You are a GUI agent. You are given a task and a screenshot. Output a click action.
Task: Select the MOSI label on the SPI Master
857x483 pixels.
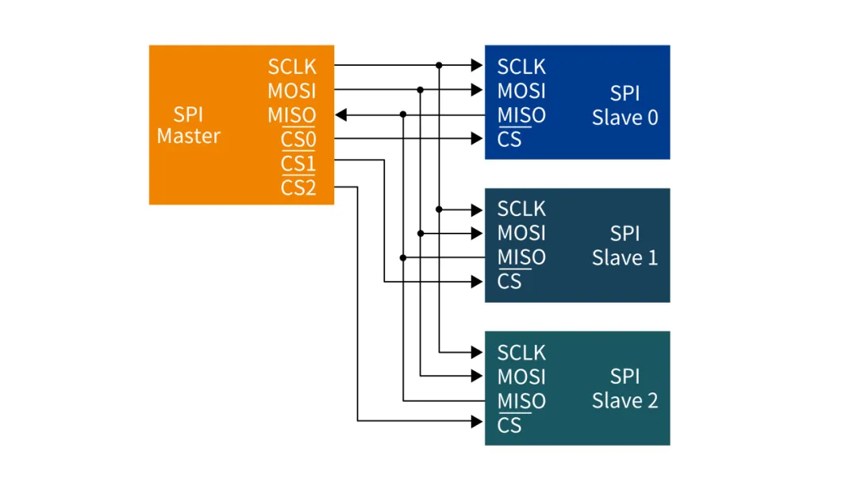291,91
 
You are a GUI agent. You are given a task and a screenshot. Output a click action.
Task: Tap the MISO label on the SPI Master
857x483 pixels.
291,115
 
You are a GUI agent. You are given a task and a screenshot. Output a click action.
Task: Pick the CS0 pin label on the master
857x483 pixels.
298,140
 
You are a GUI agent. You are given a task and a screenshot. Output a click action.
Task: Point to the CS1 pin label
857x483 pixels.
298,164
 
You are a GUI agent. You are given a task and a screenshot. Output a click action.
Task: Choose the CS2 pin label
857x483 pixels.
298,188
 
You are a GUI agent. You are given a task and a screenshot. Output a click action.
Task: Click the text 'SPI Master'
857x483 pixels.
188,126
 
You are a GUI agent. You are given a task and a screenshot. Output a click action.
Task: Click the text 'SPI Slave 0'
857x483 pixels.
624,106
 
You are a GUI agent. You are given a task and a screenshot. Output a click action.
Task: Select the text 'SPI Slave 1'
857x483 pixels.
624,245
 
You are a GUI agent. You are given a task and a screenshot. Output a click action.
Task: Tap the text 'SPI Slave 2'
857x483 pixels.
624,388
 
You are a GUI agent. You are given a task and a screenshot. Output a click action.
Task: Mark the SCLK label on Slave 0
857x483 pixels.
521,66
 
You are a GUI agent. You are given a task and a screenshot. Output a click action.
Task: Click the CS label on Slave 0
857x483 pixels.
509,140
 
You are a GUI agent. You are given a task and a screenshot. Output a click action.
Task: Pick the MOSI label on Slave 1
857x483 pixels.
521,233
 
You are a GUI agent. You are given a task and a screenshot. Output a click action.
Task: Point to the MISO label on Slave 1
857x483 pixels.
521,257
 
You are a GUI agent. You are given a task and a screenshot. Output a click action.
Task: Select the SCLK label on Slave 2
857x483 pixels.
521,352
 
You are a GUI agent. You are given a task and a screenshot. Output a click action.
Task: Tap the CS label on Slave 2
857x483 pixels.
509,425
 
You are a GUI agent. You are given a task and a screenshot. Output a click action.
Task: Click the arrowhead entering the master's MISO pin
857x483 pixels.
341,115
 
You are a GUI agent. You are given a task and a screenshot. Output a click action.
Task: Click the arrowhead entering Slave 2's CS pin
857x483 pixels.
477,420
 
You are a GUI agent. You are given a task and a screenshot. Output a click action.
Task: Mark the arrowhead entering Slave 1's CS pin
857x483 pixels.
477,281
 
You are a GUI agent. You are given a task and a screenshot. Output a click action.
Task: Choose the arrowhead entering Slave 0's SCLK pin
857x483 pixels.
477,65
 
